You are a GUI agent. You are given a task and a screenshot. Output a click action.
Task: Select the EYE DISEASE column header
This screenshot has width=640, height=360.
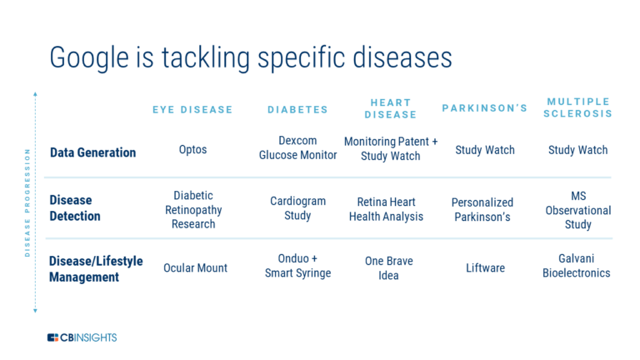click(192, 109)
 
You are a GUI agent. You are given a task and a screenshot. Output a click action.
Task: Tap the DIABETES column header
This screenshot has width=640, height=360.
click(297, 109)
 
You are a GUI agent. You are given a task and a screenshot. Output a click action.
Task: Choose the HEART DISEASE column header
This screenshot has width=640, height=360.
click(390, 108)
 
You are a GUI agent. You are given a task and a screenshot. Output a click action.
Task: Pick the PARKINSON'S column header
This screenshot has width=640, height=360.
click(484, 108)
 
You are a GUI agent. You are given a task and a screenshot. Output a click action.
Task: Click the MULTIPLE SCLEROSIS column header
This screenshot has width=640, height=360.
click(577, 107)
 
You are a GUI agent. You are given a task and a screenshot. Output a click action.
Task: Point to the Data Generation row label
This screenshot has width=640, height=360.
click(92, 152)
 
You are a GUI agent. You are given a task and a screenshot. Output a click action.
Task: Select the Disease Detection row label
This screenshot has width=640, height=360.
click(75, 208)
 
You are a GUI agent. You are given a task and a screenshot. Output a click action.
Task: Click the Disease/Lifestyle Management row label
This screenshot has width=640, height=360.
click(96, 268)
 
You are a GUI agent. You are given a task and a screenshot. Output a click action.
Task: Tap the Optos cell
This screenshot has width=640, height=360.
click(192, 150)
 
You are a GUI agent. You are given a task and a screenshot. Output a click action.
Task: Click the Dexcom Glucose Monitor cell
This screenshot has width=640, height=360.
click(297, 147)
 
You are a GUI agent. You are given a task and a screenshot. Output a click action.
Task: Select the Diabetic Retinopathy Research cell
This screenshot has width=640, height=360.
click(192, 209)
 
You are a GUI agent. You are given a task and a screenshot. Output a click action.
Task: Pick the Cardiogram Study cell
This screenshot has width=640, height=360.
click(297, 208)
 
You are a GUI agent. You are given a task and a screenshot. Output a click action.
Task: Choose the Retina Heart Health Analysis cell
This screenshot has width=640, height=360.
click(390, 209)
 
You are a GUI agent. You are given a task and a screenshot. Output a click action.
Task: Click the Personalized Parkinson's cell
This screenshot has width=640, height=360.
click(482, 209)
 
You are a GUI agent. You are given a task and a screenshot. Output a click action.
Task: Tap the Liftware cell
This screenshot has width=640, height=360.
click(485, 268)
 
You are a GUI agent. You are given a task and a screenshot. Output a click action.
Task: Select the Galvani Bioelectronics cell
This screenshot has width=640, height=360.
click(576, 266)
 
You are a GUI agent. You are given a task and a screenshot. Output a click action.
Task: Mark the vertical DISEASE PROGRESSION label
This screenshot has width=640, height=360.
click(27, 202)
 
